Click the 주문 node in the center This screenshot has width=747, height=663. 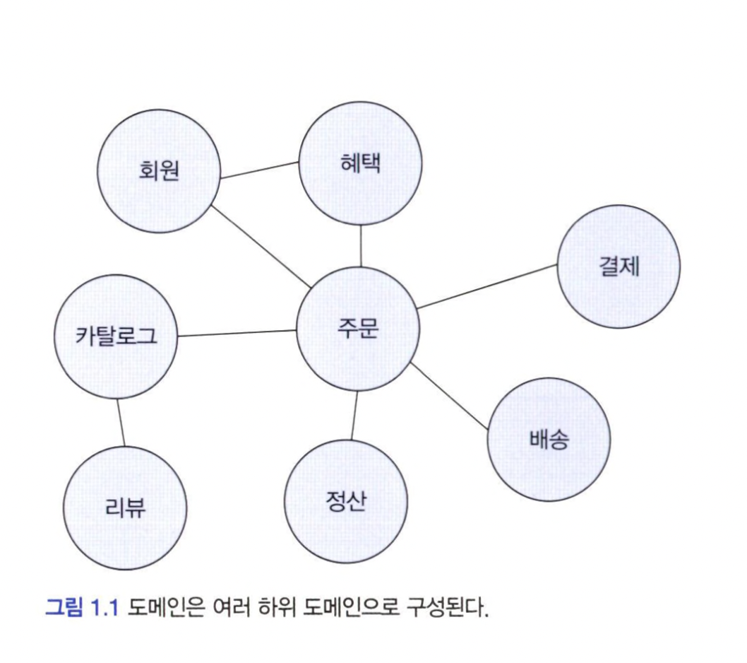[x=358, y=329]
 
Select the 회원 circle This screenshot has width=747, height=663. [x=158, y=172]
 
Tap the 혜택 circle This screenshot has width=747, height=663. [x=360, y=164]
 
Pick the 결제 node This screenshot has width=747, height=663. [x=618, y=267]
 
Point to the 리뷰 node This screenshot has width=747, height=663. [x=126, y=507]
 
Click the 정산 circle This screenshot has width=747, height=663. [x=346, y=501]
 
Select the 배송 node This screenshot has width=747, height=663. [x=549, y=440]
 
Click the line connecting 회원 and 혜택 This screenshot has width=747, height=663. [x=259, y=170]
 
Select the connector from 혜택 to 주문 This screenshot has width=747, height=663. [x=361, y=245]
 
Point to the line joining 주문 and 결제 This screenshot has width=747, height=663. [x=486, y=286]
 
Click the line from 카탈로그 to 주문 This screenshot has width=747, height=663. [x=237, y=333]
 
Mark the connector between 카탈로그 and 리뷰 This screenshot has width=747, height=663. [x=121, y=422]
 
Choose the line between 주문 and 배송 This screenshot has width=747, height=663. [x=448, y=397]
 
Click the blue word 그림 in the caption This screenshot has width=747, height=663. [x=64, y=606]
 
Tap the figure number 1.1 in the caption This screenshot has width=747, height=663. [x=105, y=606]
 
